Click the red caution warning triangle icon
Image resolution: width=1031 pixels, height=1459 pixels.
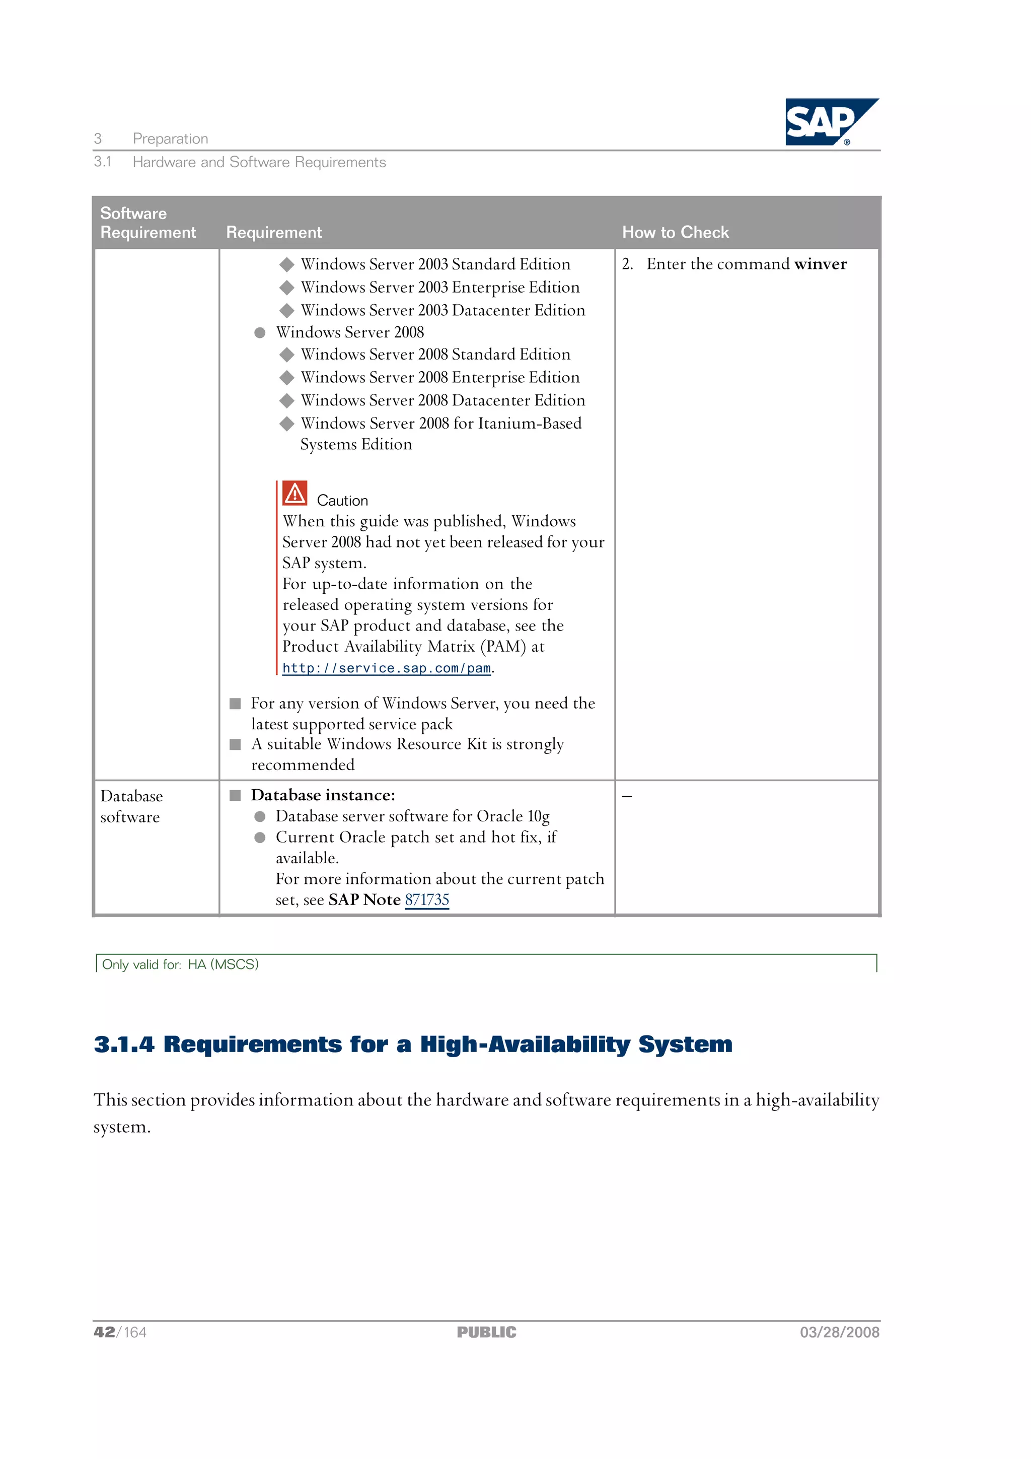tap(295, 493)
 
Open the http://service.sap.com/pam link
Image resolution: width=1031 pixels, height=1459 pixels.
tap(386, 668)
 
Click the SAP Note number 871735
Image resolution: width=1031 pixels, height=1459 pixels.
tap(427, 900)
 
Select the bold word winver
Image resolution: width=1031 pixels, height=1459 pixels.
tap(820, 264)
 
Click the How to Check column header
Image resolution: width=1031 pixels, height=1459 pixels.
tap(675, 232)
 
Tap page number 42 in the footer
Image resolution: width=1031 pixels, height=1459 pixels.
tap(104, 1333)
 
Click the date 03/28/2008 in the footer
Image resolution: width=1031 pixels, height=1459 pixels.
tap(839, 1333)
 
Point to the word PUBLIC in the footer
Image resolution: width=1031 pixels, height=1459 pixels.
tap(487, 1333)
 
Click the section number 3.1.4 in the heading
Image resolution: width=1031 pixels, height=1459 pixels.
tap(124, 1044)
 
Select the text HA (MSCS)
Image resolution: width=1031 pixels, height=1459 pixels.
tap(223, 964)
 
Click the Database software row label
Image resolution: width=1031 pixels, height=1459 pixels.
tap(131, 806)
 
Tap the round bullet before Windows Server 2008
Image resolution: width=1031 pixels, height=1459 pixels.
tap(260, 333)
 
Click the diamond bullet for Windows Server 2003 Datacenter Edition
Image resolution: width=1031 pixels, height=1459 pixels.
tap(287, 310)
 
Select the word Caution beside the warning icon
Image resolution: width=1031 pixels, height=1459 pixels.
tap(342, 500)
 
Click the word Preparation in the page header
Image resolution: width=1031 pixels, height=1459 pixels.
tap(170, 138)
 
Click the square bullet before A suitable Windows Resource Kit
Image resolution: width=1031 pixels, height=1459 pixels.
tap(235, 744)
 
